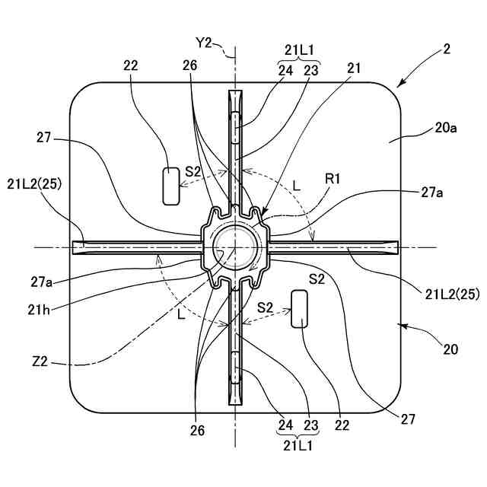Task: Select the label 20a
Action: tap(446, 129)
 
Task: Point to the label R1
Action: tap(333, 179)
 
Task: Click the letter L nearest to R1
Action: tap(296, 184)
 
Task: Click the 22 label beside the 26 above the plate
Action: tap(130, 66)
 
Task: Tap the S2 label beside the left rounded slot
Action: tap(194, 171)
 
